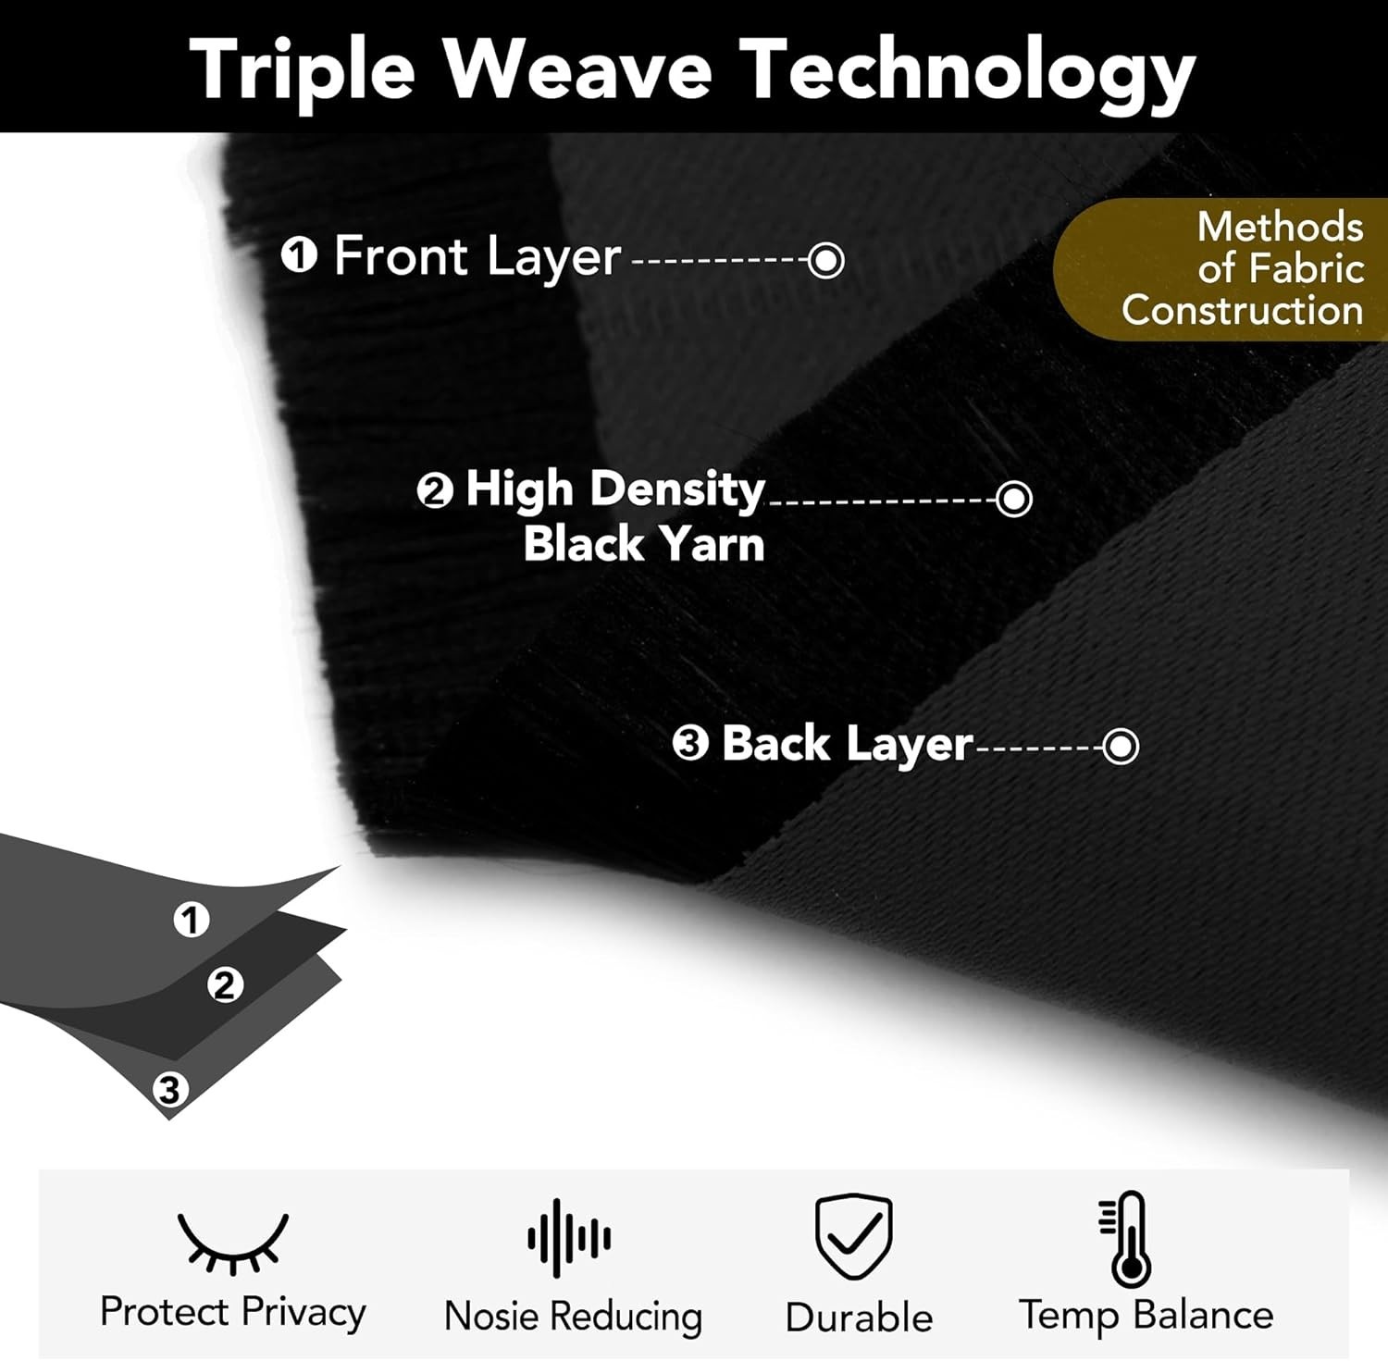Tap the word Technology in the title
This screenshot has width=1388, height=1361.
(968, 72)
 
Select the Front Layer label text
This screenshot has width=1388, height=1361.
(477, 256)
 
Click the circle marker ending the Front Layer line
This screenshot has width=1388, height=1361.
(825, 260)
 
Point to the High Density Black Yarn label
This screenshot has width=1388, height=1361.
(615, 515)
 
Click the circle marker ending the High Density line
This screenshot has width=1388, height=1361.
(1014, 499)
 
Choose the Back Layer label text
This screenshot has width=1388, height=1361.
(847, 745)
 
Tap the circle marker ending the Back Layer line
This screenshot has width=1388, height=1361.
(1121, 746)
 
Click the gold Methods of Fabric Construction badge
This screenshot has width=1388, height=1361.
(1221, 268)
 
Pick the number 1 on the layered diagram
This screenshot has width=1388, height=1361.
(192, 920)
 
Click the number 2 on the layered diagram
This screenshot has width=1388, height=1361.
(225, 984)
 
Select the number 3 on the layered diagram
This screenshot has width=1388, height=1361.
(169, 1089)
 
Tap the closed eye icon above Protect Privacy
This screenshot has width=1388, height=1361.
(232, 1243)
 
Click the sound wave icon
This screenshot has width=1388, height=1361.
(569, 1238)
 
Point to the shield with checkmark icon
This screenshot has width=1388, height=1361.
(853, 1236)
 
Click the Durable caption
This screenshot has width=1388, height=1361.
(859, 1318)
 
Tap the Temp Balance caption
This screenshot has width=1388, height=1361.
(1146, 1316)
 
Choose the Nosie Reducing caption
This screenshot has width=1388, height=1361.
(573, 1317)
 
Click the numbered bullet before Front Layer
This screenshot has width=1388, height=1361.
(299, 255)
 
